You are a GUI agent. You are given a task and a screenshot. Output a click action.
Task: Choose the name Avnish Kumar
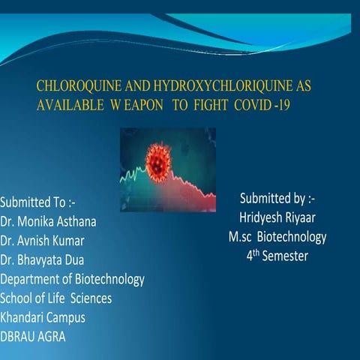pyautogui.click(x=55, y=241)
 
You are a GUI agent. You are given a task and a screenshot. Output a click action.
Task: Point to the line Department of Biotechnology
pyautogui.click(x=72, y=279)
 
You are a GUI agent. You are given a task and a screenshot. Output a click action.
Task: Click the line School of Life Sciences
pyautogui.click(x=56, y=298)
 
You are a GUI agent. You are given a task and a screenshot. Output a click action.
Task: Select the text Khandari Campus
pyautogui.click(x=43, y=316)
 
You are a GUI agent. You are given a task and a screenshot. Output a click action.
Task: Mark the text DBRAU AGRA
pyautogui.click(x=33, y=336)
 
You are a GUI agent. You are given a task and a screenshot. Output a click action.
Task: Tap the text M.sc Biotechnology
pyautogui.click(x=277, y=237)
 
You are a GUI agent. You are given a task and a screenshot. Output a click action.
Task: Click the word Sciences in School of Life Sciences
pyautogui.click(x=87, y=298)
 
